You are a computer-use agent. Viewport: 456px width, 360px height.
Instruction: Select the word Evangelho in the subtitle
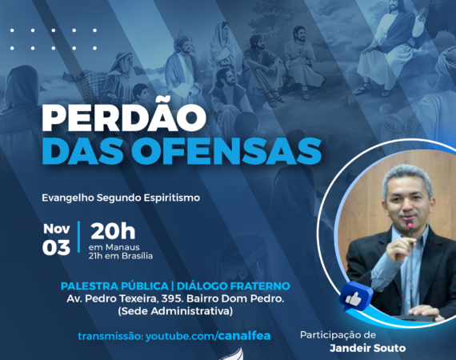(x=68, y=198)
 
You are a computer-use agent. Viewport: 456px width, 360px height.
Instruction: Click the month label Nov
(x=57, y=229)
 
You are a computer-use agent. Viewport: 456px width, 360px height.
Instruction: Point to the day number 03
(x=56, y=248)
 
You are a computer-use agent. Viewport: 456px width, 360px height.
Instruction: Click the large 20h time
(x=113, y=231)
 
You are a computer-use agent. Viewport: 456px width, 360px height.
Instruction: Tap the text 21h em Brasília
(x=121, y=256)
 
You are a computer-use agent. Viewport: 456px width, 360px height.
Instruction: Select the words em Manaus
(x=114, y=247)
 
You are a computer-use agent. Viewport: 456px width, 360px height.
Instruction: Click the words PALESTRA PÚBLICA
(x=114, y=286)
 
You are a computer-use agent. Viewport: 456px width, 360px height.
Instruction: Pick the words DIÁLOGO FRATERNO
(x=234, y=286)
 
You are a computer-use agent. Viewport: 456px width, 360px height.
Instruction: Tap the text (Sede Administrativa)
(x=175, y=311)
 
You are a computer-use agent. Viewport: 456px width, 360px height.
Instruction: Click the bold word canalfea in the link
(x=244, y=336)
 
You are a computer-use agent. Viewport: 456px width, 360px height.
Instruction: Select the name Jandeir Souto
(x=367, y=348)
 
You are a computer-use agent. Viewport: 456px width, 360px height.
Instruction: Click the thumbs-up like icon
(x=355, y=297)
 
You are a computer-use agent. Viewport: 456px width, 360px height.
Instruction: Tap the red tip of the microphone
(x=410, y=225)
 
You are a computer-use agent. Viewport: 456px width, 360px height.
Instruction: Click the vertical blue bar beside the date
(x=79, y=237)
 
